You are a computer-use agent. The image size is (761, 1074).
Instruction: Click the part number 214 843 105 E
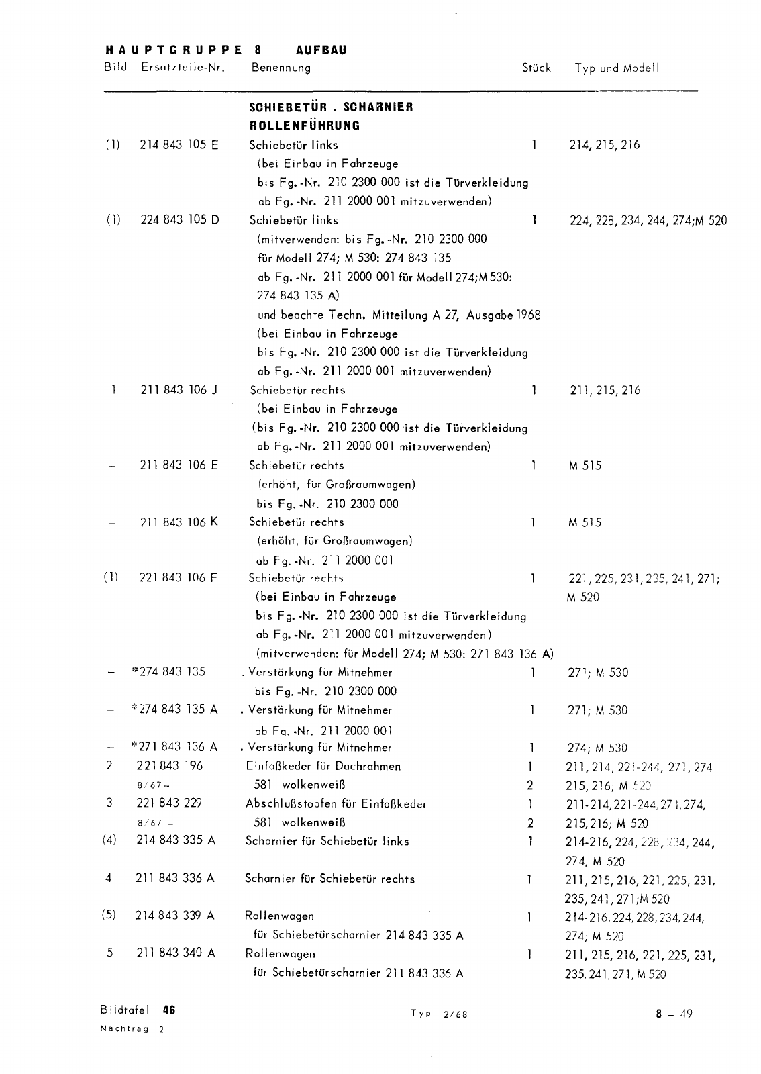[179, 144]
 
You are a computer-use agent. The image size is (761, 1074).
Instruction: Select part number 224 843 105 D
[179, 220]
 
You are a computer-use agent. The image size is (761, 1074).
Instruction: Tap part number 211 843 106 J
[179, 390]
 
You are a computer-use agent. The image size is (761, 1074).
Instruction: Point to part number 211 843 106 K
[179, 522]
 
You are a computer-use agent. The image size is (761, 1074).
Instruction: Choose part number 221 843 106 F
[179, 578]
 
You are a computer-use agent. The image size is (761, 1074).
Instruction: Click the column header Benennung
[281, 68]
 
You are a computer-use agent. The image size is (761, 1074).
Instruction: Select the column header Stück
[536, 68]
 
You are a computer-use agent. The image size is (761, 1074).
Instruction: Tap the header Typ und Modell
[617, 68]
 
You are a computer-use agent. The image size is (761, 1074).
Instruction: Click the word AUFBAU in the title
[321, 50]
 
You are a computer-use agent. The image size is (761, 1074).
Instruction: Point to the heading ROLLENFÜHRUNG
[305, 126]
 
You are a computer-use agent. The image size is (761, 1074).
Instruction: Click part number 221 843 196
[169, 766]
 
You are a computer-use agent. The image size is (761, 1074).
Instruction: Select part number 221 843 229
[169, 803]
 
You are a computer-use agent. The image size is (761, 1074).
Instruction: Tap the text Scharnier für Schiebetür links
[327, 841]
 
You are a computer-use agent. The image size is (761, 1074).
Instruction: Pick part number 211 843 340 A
[175, 954]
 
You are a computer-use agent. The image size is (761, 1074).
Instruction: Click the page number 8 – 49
[674, 1014]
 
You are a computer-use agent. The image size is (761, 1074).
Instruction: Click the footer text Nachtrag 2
[132, 1029]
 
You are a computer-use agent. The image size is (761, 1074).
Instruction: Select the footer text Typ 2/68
[439, 1014]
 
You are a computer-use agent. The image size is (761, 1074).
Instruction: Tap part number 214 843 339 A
[175, 916]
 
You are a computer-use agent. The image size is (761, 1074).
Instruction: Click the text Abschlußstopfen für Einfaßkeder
[336, 803]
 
